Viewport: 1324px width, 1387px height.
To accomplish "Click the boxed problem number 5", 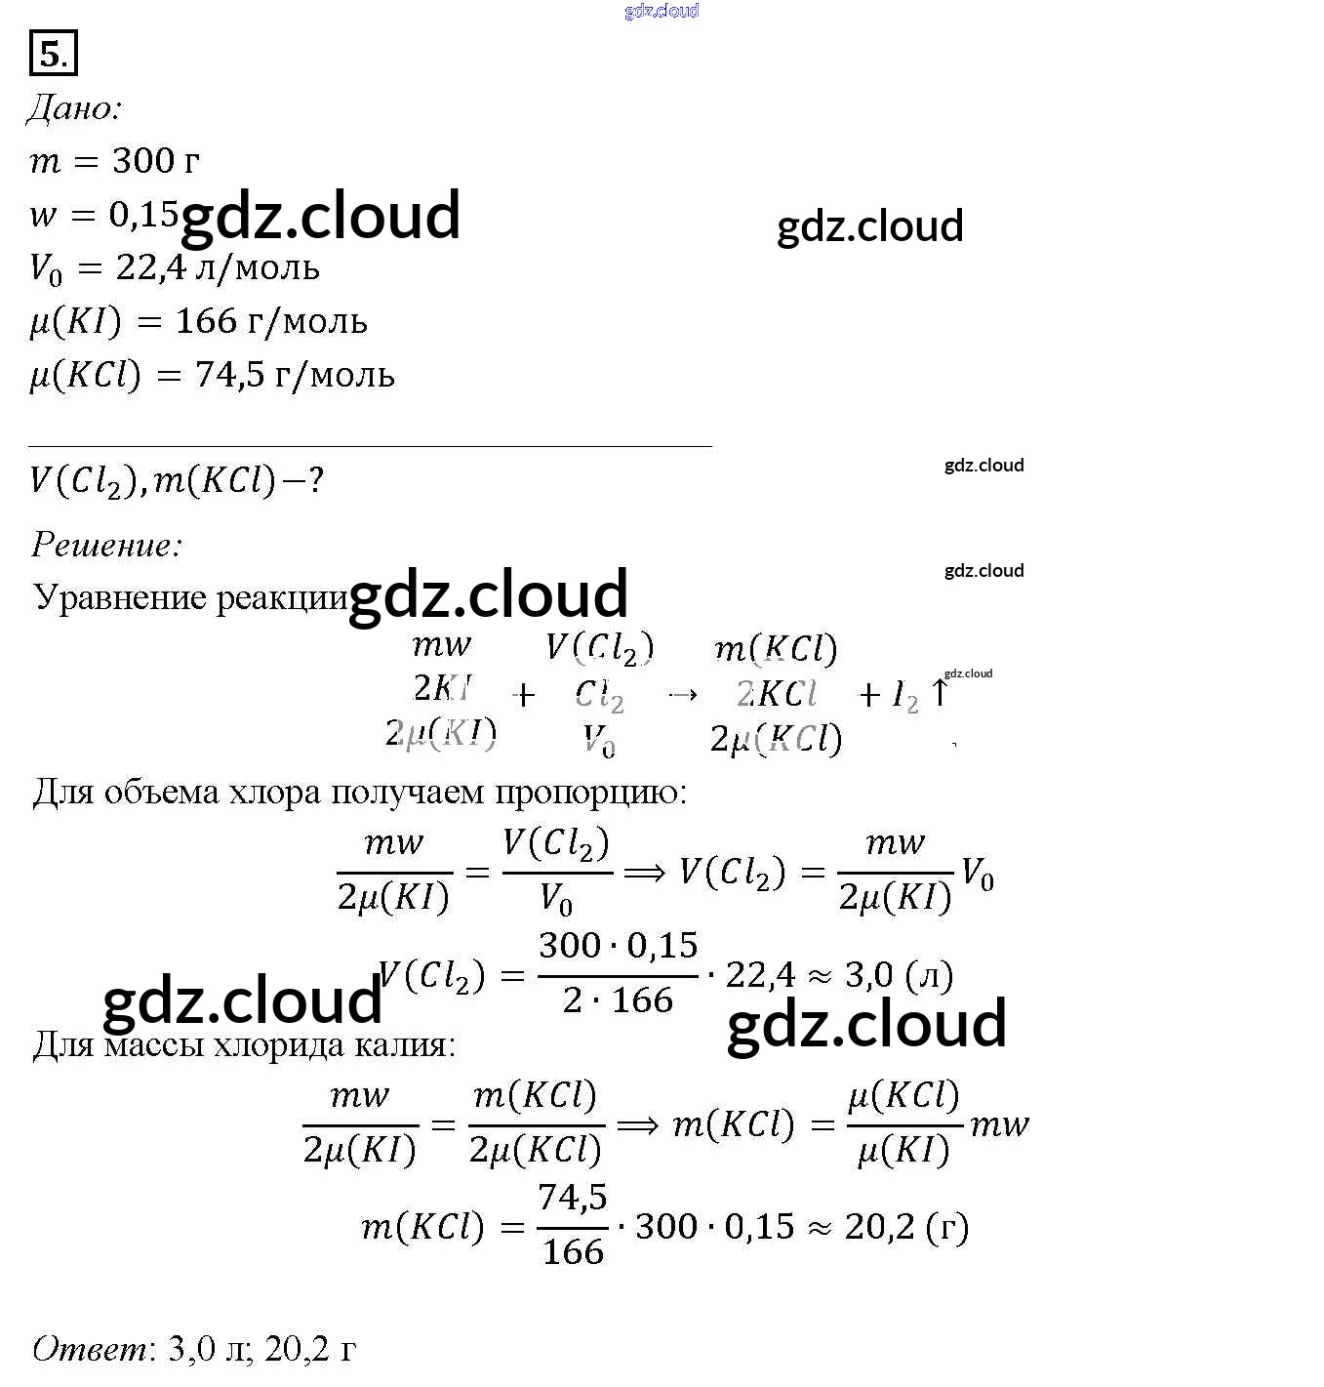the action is tap(53, 53).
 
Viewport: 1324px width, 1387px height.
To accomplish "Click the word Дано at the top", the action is tap(73, 107).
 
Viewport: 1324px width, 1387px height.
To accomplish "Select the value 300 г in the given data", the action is tap(156, 160).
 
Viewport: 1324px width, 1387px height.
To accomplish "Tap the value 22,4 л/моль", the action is tap(218, 267).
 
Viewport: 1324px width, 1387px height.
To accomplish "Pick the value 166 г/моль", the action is tap(271, 321).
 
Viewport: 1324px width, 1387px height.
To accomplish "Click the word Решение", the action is tap(106, 545).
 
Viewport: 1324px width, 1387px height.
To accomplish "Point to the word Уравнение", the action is tap(120, 597).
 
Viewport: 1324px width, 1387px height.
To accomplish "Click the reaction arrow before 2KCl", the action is tap(682, 694).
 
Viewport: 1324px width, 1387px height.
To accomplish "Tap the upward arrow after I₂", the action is tap(940, 693).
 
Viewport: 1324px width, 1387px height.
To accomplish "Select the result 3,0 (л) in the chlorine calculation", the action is tap(899, 975).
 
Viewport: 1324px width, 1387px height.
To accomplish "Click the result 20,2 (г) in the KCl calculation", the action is tap(906, 1227).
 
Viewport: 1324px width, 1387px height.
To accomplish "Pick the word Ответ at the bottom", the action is tap(90, 1349).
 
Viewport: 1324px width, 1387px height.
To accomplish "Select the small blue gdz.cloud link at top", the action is tap(662, 11).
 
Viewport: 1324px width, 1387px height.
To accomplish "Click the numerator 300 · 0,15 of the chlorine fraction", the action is tap(619, 945).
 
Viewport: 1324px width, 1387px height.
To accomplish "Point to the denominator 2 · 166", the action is tap(619, 999).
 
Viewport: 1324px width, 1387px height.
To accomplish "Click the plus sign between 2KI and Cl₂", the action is tap(524, 695).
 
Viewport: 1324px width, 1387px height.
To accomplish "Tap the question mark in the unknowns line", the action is tap(315, 480).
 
